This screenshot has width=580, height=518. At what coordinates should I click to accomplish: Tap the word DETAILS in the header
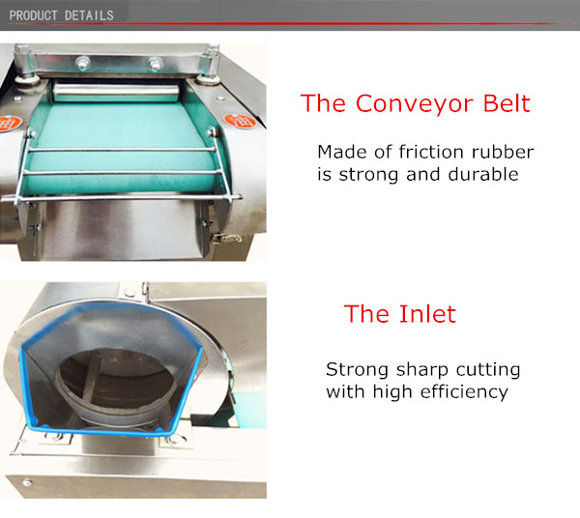88,14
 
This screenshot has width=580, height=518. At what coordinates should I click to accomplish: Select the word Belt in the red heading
505,103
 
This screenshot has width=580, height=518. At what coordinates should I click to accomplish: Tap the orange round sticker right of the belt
234,122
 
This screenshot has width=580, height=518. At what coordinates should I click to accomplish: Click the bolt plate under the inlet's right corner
175,441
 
